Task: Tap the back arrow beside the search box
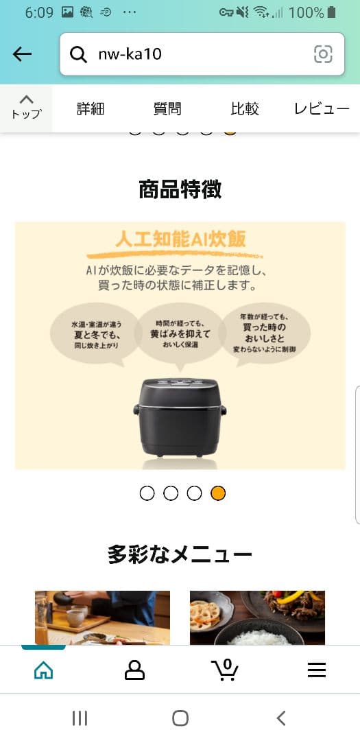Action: pyautogui.click(x=23, y=54)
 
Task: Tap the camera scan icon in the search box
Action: pyautogui.click(x=323, y=54)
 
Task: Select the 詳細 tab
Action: pyautogui.click(x=91, y=108)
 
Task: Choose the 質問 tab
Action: pyautogui.click(x=167, y=108)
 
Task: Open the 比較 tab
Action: pyautogui.click(x=245, y=108)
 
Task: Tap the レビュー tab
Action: pyautogui.click(x=322, y=108)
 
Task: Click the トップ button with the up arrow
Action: pyautogui.click(x=26, y=107)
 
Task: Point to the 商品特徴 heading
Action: pyautogui.click(x=180, y=189)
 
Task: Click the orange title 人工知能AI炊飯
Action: pyautogui.click(x=180, y=239)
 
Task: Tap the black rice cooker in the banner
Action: pyautogui.click(x=180, y=416)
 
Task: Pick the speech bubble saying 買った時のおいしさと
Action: pyautogui.click(x=264, y=333)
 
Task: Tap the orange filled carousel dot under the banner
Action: pyautogui.click(x=218, y=493)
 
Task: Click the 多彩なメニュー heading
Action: pyautogui.click(x=180, y=554)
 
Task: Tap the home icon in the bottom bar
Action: pyautogui.click(x=43, y=670)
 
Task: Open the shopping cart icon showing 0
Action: pyautogui.click(x=225, y=669)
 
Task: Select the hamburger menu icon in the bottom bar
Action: pyautogui.click(x=316, y=670)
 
